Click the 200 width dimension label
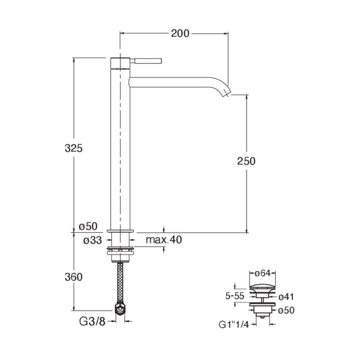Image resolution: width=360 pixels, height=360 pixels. coord(180,33)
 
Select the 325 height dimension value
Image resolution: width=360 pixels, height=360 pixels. coord(73,148)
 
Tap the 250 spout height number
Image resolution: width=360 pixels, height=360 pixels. coord(246,161)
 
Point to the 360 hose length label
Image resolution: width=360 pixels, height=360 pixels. coord(73,277)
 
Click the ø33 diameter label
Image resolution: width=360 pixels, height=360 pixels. coord(92,240)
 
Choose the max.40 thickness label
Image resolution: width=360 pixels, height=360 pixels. coord(164,240)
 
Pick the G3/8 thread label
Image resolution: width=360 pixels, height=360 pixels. coord(92,321)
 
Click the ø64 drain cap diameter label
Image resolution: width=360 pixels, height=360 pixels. coord(263,273)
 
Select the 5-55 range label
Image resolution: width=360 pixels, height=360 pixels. coord(234,296)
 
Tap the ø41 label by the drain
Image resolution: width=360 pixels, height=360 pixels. coord(286,297)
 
